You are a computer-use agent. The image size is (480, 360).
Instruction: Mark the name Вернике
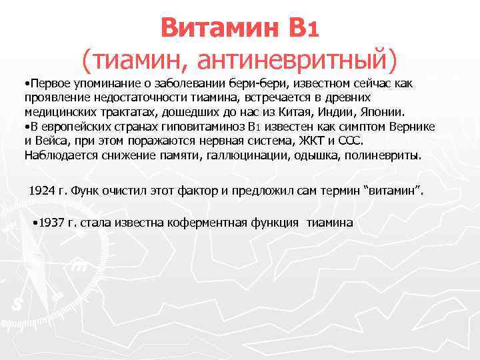pos(411,127)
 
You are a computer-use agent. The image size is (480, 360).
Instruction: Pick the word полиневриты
pos(389,155)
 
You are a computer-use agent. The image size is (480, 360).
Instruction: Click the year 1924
pos(41,191)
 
